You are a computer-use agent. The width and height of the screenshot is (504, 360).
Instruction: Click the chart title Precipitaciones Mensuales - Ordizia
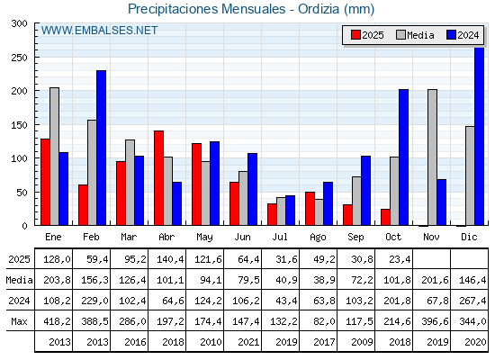pos(251,9)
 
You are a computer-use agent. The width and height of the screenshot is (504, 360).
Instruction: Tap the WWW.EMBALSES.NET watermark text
pos(100,31)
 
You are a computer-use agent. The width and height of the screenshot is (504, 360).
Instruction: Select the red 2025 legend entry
pos(367,35)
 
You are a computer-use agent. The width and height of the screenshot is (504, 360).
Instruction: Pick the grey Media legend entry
pos(415,35)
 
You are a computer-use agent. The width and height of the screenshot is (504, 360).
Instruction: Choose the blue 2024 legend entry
pos(463,35)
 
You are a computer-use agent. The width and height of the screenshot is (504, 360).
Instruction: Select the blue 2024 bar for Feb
pos(102,148)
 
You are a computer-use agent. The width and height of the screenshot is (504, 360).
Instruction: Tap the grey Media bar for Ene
pos(54,157)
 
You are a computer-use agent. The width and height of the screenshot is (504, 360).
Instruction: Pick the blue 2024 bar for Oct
pos(404,157)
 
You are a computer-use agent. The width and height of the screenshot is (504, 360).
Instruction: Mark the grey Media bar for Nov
pos(432,157)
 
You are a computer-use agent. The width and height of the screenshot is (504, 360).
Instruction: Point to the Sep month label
pos(356,237)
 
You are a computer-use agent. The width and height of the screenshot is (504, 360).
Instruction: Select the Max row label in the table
pos(19,321)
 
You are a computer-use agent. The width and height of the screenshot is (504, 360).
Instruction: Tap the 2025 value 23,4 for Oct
pos(397,259)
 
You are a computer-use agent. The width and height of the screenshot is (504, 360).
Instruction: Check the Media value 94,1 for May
pos(208,280)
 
